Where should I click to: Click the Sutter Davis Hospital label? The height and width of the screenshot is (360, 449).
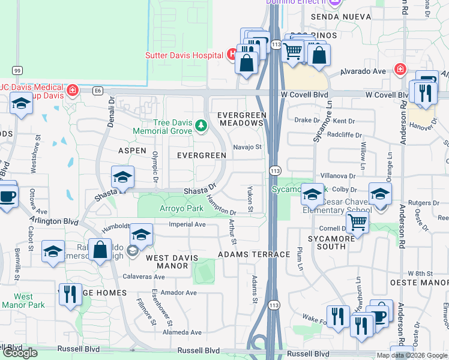pos(184,55)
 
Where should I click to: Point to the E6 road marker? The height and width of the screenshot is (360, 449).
pos(98,91)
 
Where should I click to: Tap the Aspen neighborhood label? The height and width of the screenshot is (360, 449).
pos(133,150)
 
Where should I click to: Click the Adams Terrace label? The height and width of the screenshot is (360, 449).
pos(254,254)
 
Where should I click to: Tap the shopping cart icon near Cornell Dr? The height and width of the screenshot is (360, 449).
pos(358,223)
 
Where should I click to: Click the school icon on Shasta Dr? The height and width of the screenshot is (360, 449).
pos(122,177)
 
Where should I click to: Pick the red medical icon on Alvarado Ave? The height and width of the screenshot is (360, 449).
pos(400,70)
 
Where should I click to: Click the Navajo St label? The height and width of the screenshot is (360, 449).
pos(247,147)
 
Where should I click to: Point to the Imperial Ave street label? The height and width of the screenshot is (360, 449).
pos(188,225)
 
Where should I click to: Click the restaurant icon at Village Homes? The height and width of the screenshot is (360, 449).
pos(71,294)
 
